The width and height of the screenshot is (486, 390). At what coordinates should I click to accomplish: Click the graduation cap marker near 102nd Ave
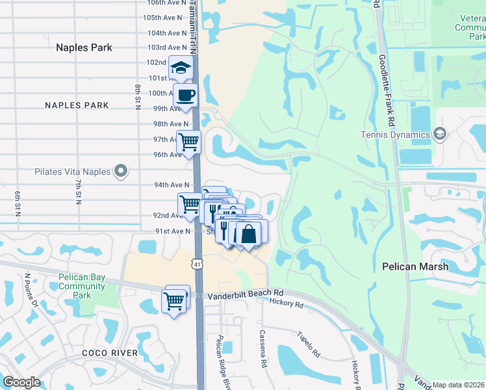point(181,67)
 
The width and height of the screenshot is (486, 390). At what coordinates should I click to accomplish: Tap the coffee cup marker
point(186,95)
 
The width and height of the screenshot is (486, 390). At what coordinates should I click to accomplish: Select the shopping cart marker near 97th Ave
point(188,141)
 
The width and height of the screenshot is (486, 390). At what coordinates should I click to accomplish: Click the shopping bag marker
point(248,233)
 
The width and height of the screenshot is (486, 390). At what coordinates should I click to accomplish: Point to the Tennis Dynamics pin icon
point(440,135)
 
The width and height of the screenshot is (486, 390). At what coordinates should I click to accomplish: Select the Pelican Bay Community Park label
point(82,286)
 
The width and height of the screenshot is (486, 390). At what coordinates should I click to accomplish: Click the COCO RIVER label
point(110,353)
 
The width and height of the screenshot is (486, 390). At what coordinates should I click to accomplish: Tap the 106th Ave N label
point(165,3)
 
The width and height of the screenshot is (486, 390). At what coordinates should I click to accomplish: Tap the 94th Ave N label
point(172,185)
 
